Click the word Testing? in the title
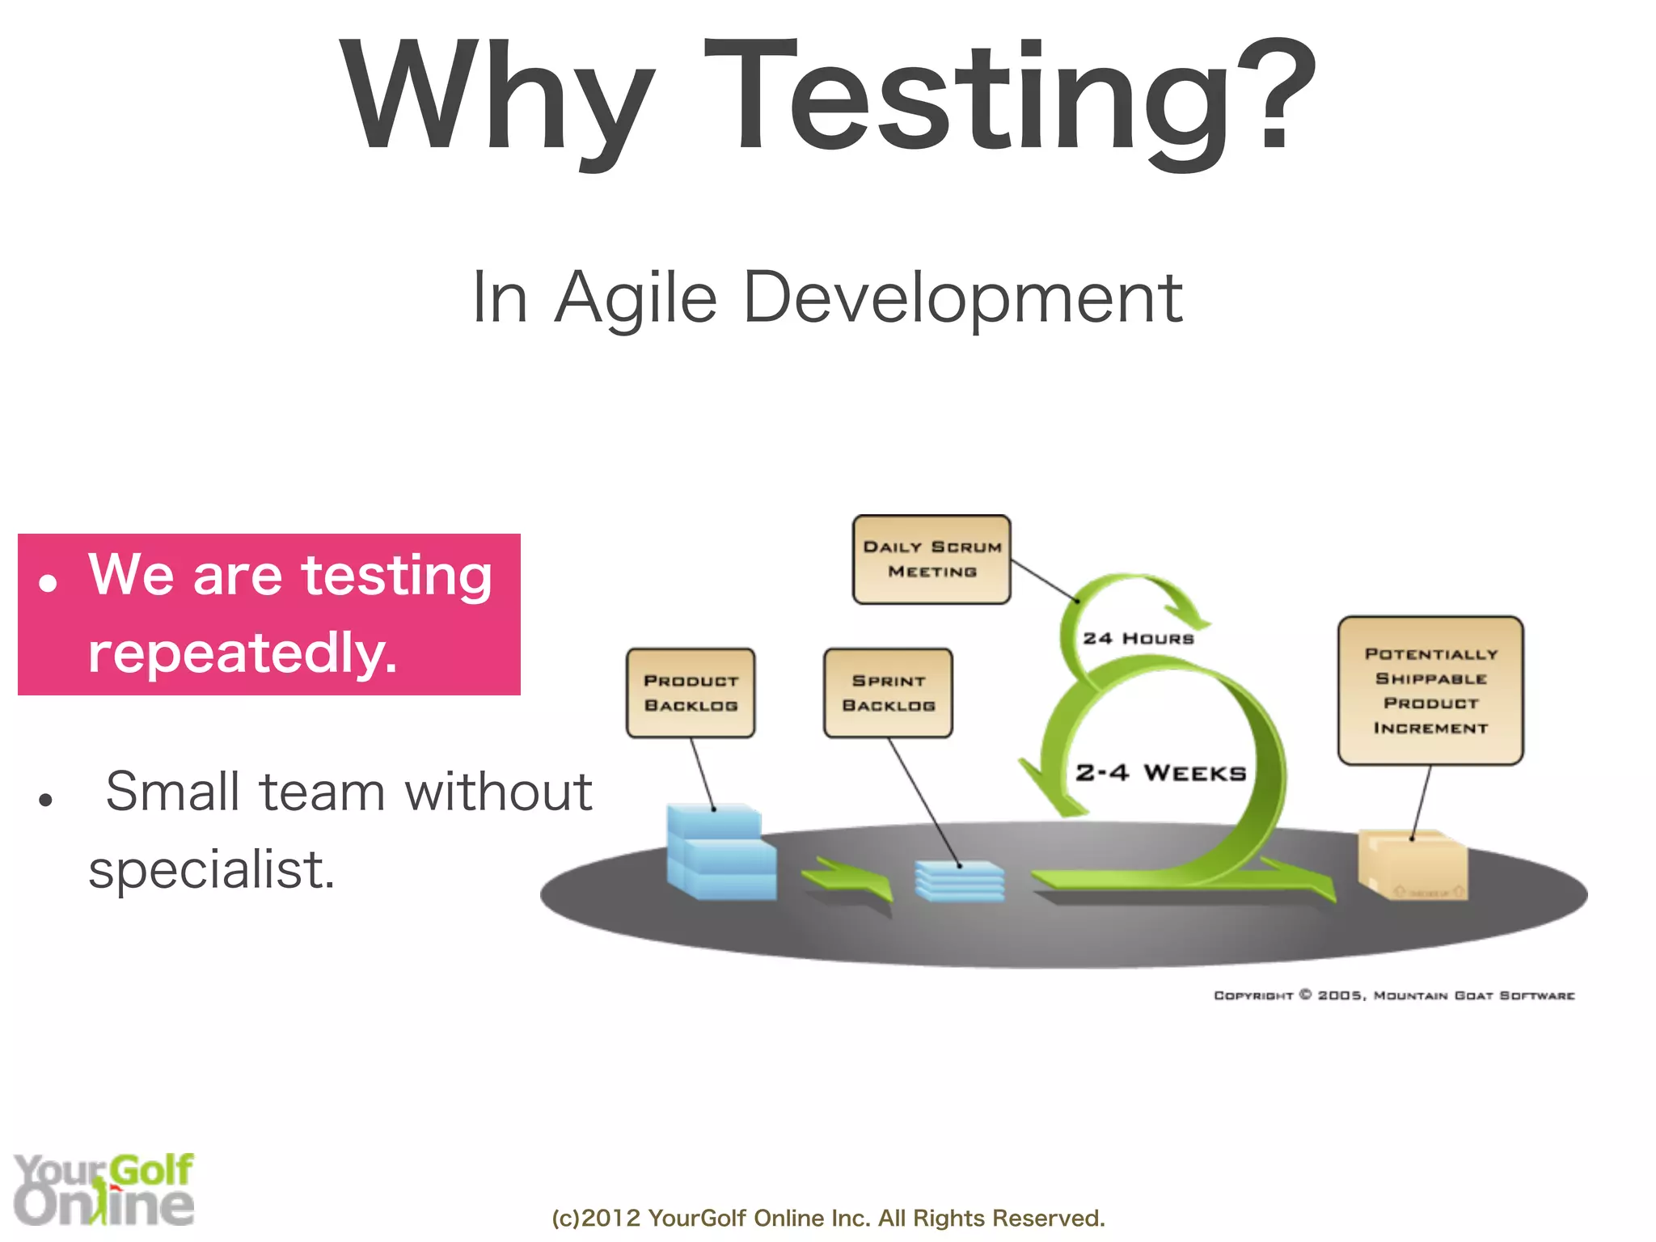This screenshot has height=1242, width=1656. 1011,97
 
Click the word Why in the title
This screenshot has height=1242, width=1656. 495,97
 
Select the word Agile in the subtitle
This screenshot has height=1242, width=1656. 636,298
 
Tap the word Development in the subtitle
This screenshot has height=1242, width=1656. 962,298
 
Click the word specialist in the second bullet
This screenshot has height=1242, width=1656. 210,870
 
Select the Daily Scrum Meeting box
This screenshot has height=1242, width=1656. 931,560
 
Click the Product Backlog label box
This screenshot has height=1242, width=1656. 691,693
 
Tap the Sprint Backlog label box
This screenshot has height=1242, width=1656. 888,693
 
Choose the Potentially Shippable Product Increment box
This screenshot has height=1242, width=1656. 1430,691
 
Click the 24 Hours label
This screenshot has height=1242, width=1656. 1138,639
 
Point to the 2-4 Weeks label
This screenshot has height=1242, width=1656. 1160,773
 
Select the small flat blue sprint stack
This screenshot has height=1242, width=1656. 960,881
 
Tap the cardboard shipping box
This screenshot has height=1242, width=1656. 1413,865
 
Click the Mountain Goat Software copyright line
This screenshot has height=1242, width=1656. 1394,995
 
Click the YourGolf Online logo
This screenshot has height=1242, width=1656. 103,1189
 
